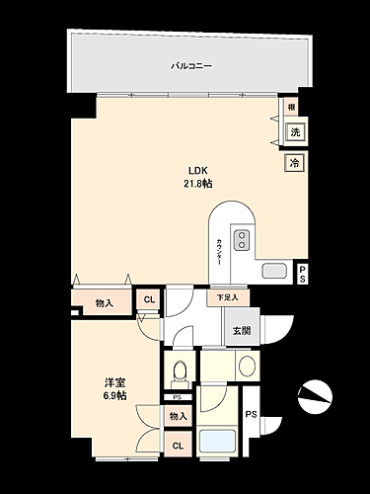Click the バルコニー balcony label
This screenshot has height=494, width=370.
[191, 65]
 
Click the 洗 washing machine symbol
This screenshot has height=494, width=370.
[294, 132]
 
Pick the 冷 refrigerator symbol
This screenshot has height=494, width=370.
[294, 163]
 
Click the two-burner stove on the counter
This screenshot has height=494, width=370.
[243, 239]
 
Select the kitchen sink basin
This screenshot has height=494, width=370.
[273, 272]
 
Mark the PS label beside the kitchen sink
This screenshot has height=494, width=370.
[302, 274]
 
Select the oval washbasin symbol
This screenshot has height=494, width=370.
[247, 367]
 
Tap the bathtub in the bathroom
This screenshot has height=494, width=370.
[217, 441]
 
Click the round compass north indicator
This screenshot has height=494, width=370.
[317, 394]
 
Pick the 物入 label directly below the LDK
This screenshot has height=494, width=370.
[104, 303]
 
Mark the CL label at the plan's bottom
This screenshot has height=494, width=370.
[178, 446]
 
